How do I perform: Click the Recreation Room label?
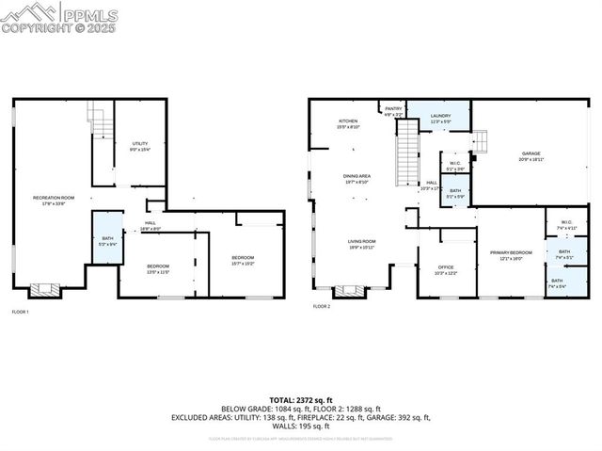point(53,200)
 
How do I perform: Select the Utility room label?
point(139,146)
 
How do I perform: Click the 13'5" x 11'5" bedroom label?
point(157,269)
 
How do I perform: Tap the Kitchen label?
point(348,123)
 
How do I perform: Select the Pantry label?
point(393,110)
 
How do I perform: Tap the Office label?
point(445,269)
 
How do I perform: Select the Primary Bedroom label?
point(511,255)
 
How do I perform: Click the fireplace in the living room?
point(347,291)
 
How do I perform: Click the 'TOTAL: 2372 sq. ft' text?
point(301,400)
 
